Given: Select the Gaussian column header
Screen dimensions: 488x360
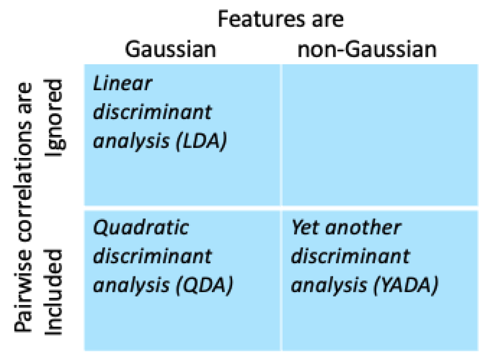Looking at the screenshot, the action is tap(170, 49).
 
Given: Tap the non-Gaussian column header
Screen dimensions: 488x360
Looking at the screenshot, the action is tap(367, 49).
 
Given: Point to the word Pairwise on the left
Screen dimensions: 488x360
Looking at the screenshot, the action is tap(23, 292).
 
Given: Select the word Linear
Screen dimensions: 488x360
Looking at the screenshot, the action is tap(122, 83).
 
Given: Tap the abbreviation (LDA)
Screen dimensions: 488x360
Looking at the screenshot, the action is tap(201, 141).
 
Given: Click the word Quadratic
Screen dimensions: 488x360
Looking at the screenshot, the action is tap(141, 228).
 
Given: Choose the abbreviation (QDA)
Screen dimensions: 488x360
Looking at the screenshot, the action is tap(204, 286).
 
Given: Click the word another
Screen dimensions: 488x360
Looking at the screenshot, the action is tap(363, 228).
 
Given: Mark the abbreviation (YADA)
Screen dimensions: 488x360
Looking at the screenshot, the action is tap(406, 286).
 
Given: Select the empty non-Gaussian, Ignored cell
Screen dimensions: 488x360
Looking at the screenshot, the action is tap(380, 135).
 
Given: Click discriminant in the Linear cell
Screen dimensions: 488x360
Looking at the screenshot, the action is tap(153, 112).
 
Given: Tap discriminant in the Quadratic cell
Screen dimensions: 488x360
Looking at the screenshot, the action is tap(153, 256).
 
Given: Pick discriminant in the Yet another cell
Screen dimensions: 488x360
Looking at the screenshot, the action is tap(351, 256).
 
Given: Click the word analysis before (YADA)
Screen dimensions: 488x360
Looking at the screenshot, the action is tap(329, 286).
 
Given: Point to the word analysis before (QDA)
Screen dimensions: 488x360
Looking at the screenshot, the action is tap(131, 286).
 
